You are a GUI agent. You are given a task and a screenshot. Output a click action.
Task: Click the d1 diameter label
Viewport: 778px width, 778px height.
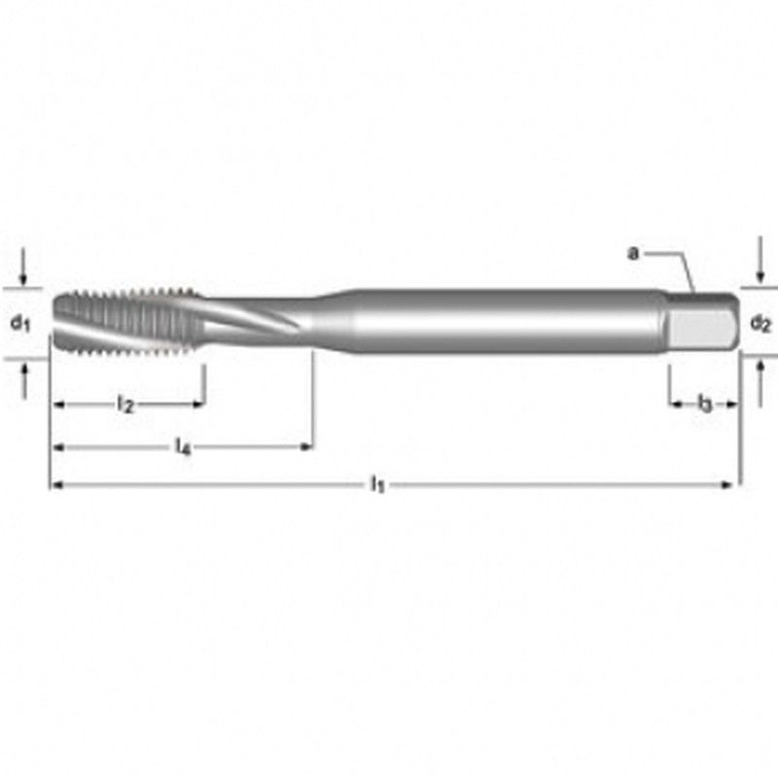pyautogui.click(x=20, y=323)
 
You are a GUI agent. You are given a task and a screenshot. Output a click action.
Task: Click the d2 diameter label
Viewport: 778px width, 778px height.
pyautogui.click(x=760, y=324)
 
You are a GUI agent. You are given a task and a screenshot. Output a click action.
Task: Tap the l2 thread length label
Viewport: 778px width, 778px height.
pyautogui.click(x=125, y=405)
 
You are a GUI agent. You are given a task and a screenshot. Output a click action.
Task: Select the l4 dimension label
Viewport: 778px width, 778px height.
pyautogui.click(x=183, y=446)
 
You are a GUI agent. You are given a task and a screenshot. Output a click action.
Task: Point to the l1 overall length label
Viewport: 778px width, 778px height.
pyautogui.click(x=378, y=484)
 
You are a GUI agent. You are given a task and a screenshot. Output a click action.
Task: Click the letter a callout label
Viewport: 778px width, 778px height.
pyautogui.click(x=633, y=254)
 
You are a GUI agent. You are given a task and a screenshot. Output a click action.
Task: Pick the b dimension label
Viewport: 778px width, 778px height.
pyautogui.click(x=704, y=404)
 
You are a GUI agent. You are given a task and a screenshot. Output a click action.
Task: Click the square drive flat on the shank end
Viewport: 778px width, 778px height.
pyautogui.click(x=699, y=328)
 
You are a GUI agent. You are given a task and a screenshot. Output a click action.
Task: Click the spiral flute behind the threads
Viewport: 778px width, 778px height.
pyautogui.click(x=253, y=319)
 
